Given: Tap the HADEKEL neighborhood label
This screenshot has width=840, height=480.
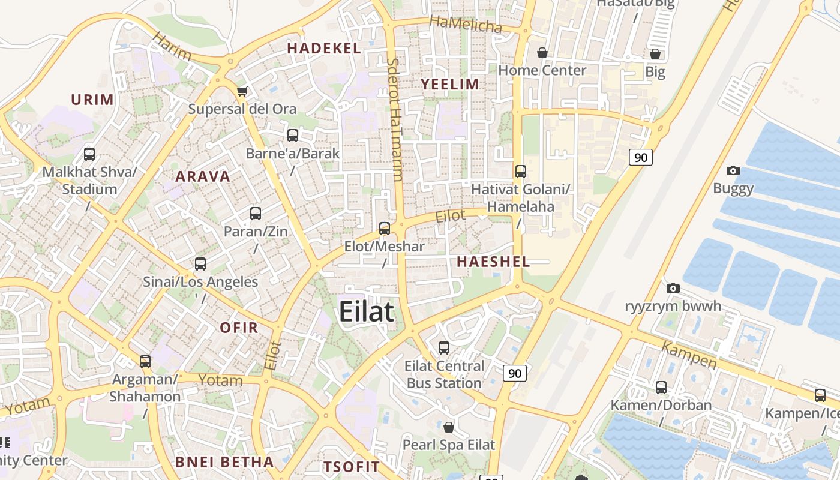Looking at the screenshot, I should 324,49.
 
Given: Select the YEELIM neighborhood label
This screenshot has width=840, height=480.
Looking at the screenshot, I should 450,85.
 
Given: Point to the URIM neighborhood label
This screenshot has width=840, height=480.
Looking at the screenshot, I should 92,100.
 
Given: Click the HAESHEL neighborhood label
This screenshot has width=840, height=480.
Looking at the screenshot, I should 493,262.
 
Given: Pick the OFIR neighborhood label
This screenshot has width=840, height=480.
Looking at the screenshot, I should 239,328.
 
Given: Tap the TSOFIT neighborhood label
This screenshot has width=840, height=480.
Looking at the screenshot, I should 352,467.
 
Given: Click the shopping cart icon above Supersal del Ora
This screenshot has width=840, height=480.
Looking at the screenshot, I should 242,91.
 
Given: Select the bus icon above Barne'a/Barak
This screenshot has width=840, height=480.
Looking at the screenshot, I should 293,136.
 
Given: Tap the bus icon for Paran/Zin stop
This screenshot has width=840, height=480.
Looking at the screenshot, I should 256,214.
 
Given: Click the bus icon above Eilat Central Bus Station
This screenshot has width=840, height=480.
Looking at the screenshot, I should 444,348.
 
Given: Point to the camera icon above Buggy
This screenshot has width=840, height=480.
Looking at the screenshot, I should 733,171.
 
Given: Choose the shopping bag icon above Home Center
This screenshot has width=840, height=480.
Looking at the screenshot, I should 542,53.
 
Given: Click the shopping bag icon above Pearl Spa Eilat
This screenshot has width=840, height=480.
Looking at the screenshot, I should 448,427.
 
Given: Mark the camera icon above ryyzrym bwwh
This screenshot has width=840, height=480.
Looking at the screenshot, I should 673,289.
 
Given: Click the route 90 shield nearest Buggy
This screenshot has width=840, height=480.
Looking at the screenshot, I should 641,157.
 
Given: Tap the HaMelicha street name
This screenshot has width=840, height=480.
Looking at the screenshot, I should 466,25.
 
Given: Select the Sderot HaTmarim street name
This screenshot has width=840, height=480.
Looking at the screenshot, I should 394,119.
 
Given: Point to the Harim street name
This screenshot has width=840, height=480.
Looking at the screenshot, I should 172,46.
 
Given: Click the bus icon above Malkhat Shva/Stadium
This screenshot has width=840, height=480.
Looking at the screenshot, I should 89,154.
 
